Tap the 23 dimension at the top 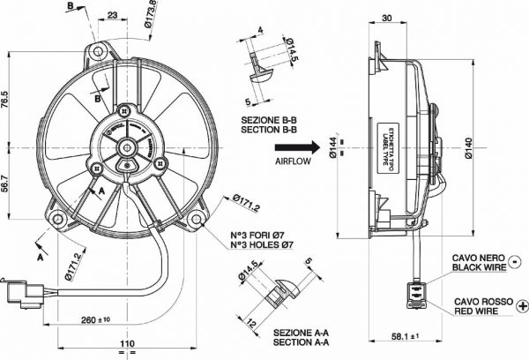[x=114, y=15]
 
